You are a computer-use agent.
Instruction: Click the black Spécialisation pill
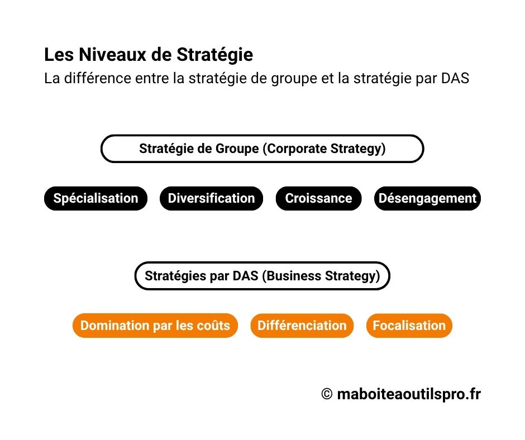(96, 198)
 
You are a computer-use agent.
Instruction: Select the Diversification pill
(211, 198)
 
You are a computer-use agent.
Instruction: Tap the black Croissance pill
(318, 198)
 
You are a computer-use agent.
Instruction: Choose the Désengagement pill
(427, 198)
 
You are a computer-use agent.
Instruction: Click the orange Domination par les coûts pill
(155, 326)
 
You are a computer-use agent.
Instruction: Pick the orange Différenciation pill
(302, 326)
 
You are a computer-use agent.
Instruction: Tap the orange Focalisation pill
(409, 326)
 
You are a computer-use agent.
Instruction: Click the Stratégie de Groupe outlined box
(262, 149)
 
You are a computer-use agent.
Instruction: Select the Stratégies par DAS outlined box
(262, 276)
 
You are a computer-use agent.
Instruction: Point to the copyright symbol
(327, 395)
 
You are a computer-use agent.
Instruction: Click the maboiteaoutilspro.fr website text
(409, 395)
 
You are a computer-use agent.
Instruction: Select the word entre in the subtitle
(151, 78)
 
